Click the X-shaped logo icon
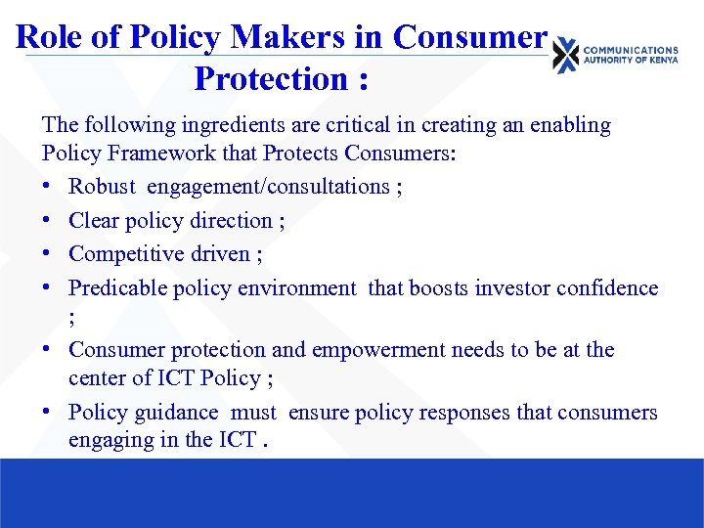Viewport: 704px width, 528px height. point(565,56)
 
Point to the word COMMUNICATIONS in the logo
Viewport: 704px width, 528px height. point(631,50)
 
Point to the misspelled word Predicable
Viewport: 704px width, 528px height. point(117,287)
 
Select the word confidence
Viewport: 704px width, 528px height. point(616,287)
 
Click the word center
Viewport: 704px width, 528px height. point(96,377)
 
